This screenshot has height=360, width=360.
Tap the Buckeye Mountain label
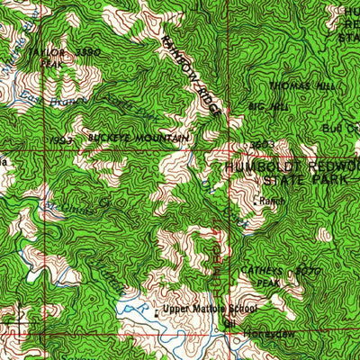[139, 138]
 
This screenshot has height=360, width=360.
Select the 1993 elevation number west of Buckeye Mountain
[61, 141]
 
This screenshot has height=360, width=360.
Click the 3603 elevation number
[261, 144]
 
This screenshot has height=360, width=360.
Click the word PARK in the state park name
[331, 179]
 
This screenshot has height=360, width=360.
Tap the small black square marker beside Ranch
[257, 200]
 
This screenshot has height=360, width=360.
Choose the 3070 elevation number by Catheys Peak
[308, 269]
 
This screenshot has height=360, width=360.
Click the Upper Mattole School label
[210, 309]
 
